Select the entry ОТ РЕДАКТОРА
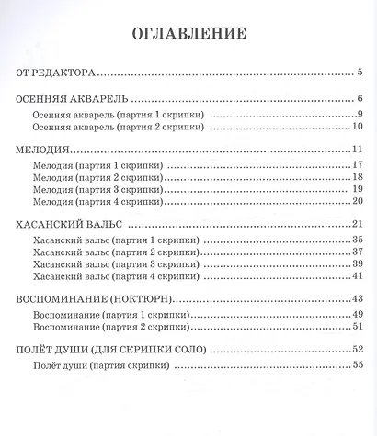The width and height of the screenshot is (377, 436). pyautogui.click(x=58, y=71)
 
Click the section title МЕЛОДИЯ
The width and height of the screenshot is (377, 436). pyautogui.click(x=44, y=150)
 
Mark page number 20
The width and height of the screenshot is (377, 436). pyautogui.click(x=360, y=202)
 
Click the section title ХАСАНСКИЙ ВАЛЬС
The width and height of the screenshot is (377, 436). pyautogui.click(x=67, y=225)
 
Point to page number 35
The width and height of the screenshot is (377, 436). pyautogui.click(x=360, y=240)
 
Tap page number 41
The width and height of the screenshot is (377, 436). pyautogui.click(x=360, y=276)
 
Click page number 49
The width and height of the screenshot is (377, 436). pyautogui.click(x=360, y=314)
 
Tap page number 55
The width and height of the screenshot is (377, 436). pyautogui.click(x=360, y=364)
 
